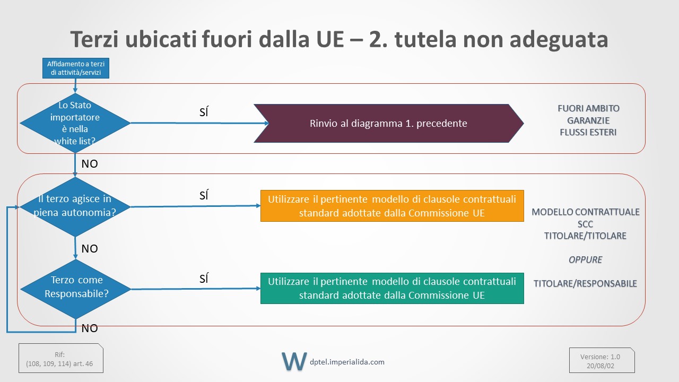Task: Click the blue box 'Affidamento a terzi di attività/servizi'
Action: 76,68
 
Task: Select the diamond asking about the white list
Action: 75,123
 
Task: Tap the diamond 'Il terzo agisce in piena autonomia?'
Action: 75,207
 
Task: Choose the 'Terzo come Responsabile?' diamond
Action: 76,289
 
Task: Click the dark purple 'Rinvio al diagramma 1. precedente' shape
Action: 389,123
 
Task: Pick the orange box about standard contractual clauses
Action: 392,206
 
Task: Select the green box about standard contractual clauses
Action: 392,288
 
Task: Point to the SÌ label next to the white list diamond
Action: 204,112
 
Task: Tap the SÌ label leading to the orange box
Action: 204,195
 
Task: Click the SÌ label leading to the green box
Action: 204,279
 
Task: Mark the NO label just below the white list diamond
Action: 90,164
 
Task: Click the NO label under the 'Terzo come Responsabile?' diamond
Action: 90,328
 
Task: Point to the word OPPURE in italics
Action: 585,260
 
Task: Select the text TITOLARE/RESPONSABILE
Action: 585,283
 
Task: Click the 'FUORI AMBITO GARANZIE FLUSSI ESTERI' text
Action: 588,120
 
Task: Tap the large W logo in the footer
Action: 294,361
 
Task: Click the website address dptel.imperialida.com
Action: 347,362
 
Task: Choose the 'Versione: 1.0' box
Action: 602,360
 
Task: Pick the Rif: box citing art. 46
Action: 61,358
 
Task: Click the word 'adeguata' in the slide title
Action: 559,39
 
